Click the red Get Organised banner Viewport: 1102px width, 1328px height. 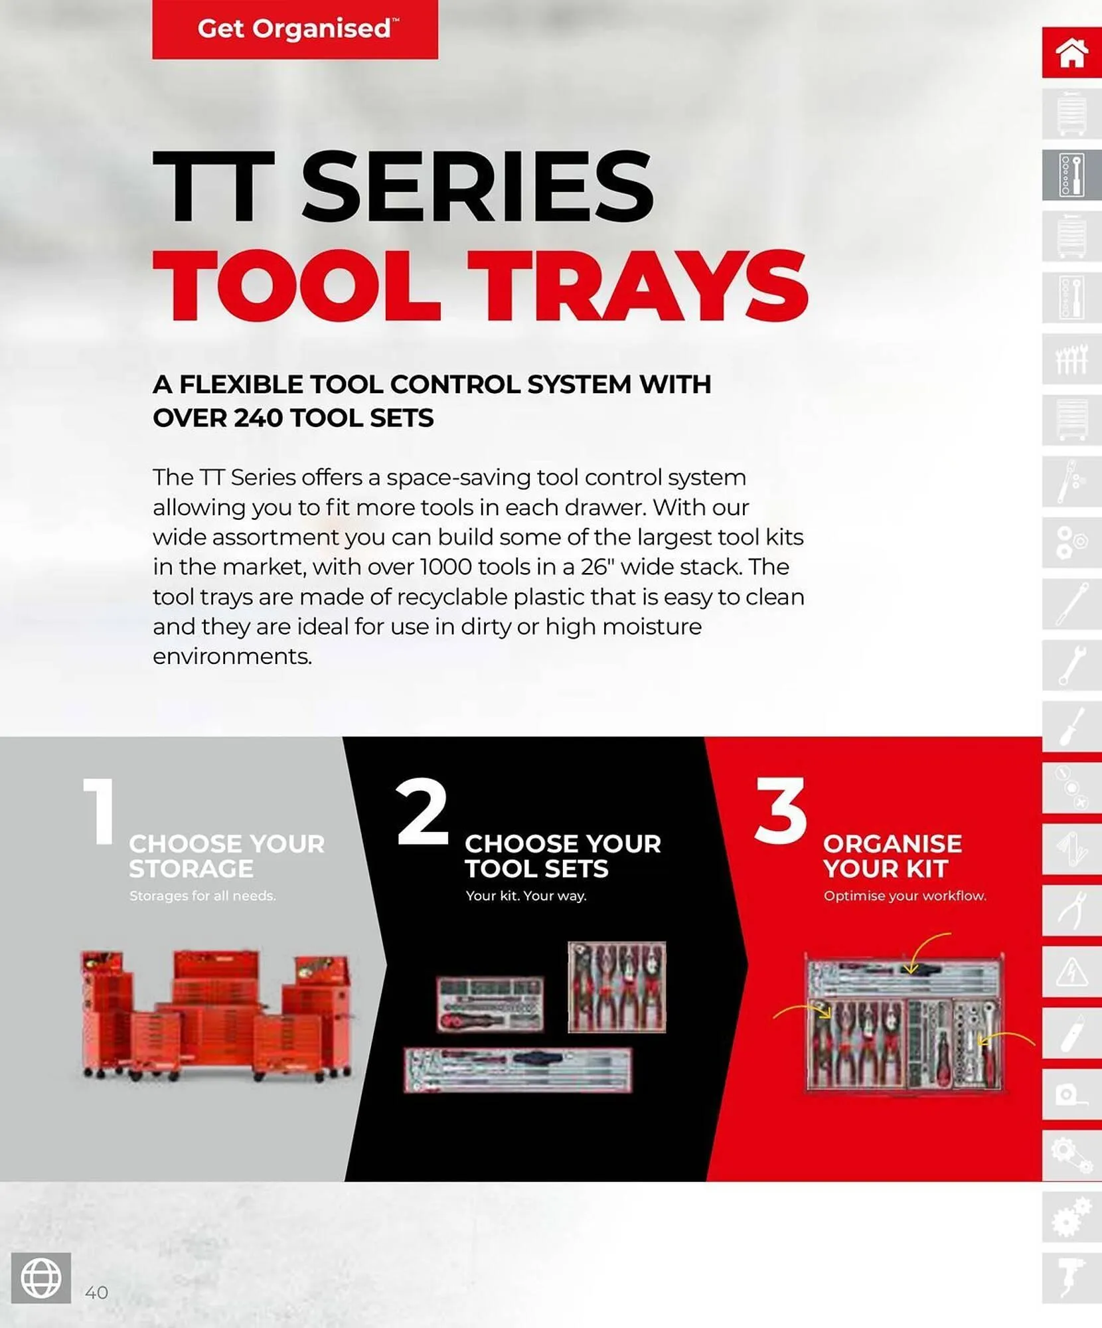pos(295,29)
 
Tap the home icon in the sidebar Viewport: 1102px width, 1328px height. pos(1071,52)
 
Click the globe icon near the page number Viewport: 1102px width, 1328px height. pos(41,1278)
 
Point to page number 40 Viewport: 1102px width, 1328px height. pos(96,1292)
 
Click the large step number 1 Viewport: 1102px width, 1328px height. pos(100,811)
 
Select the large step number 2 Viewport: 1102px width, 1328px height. pos(422,811)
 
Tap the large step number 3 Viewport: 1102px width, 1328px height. pos(781,811)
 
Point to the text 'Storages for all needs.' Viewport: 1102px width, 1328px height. pos(202,896)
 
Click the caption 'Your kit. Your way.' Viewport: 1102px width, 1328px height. pos(526,896)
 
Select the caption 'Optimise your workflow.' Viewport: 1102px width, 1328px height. pos(905,896)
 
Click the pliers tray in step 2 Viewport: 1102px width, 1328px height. pos(617,987)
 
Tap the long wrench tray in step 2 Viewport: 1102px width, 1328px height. pos(518,1070)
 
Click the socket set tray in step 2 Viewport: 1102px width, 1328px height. pos(490,1003)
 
